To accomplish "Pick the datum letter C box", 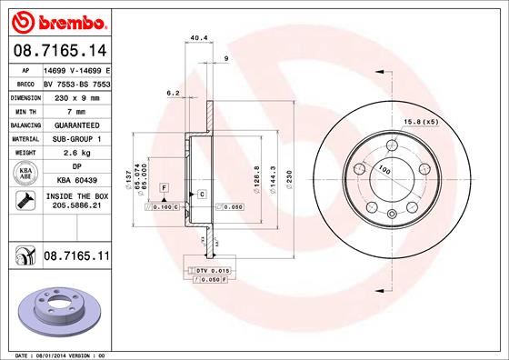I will tap(201, 194).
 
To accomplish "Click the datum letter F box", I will tap(164, 186).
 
